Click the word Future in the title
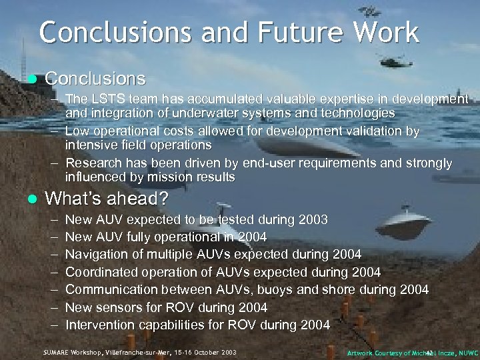coord(285,32)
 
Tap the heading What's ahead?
coord(106,199)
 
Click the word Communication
coord(111,289)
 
